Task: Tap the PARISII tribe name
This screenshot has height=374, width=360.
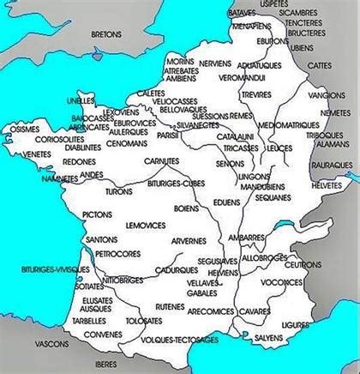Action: click(168, 135)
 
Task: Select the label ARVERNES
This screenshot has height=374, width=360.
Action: click(189, 242)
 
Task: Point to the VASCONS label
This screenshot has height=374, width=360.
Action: click(51, 344)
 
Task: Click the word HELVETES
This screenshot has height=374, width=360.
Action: click(326, 184)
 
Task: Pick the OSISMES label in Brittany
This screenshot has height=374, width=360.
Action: click(20, 129)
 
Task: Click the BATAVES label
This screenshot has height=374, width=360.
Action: click(243, 14)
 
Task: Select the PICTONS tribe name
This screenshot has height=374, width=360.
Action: click(97, 214)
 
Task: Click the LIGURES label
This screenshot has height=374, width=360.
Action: click(297, 325)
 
